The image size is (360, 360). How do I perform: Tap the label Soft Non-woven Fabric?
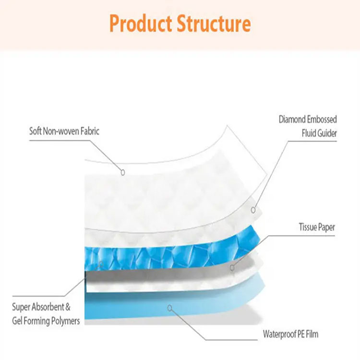point(64,131)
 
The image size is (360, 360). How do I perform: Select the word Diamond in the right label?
point(293,119)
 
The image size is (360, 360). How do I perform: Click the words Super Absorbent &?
point(41,306)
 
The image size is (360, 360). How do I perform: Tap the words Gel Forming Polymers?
point(46,320)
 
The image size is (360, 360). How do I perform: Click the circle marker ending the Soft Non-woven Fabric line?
point(123,171)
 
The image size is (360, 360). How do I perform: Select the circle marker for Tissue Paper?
point(232,267)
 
